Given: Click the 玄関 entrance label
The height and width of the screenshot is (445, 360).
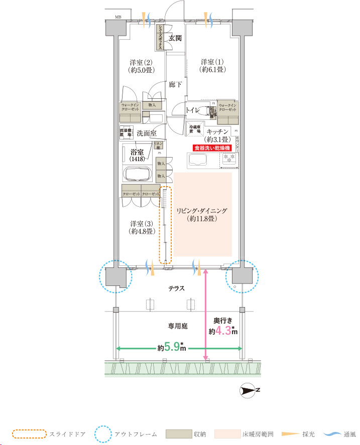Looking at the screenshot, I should [175, 38].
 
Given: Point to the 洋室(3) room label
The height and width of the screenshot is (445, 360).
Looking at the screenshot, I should [141, 228].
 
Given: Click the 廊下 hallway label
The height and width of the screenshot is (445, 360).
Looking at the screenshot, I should [175, 85].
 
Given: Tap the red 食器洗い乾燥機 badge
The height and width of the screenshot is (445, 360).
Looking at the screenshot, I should [212, 148].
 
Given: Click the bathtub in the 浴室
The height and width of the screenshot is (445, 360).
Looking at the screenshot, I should [138, 175].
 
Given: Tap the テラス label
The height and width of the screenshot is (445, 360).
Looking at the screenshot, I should [177, 288].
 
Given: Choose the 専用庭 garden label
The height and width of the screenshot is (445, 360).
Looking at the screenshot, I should [177, 326].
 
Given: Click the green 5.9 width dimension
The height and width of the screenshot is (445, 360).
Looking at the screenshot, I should [172, 348].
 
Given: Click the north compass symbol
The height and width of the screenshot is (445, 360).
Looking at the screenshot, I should [250, 390].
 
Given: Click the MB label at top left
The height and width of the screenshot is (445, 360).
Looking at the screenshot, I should [118, 17].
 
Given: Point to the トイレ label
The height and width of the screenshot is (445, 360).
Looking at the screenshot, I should [193, 110].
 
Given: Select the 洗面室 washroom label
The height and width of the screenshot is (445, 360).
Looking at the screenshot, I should [147, 133].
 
